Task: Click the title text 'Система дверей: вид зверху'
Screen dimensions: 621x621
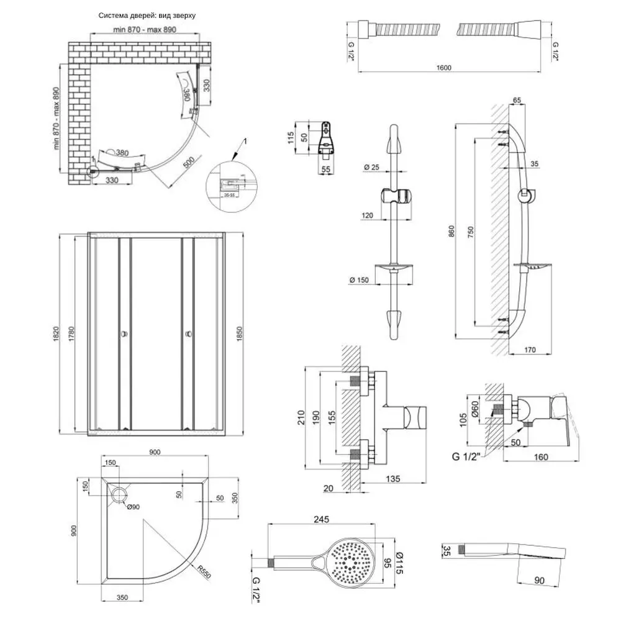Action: click(x=147, y=16)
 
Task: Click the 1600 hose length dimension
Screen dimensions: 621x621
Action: click(x=442, y=68)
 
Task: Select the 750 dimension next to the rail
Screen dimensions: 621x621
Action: click(x=470, y=230)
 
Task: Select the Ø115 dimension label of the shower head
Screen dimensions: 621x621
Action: click(x=400, y=562)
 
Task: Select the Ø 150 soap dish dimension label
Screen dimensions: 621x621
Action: click(x=360, y=280)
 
